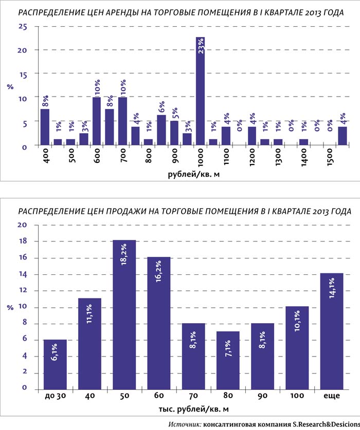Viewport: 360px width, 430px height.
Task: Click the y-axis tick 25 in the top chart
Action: pos(22,26)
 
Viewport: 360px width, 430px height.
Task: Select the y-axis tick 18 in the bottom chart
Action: pos(22,241)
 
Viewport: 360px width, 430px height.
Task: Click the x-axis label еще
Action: pos(331,397)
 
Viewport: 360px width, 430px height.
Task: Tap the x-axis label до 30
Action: pos(55,397)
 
